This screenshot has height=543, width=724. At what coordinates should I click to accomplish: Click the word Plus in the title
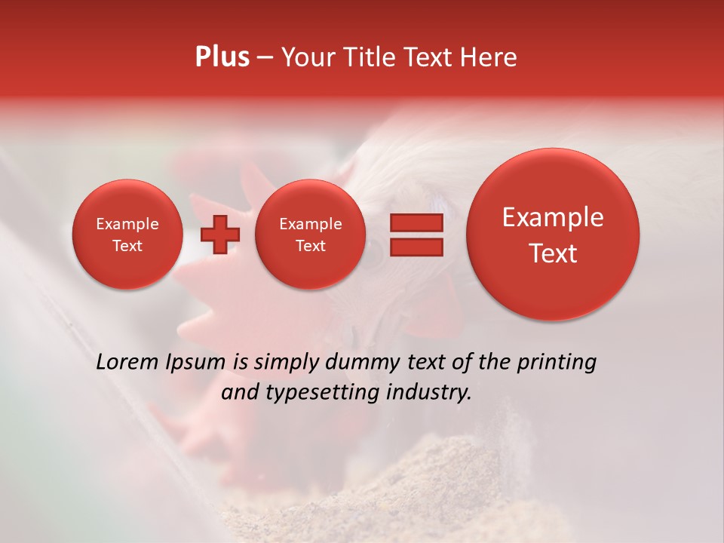(222, 57)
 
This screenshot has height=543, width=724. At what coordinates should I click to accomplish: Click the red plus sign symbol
(219, 235)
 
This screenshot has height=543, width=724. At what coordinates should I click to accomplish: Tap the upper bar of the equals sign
(416, 222)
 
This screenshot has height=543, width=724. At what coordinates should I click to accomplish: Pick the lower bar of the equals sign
(416, 247)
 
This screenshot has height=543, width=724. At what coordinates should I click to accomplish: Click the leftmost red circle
(127, 235)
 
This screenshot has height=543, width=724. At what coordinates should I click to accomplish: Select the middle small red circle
(310, 235)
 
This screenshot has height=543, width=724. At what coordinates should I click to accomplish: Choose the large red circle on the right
(553, 235)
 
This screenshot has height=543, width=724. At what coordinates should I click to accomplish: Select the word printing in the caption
(557, 363)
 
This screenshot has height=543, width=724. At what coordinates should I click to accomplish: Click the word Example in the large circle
(553, 217)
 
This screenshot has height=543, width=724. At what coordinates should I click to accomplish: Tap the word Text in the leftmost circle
(127, 246)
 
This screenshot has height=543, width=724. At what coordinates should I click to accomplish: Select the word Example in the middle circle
(310, 224)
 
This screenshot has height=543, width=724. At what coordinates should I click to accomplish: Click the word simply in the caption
(286, 363)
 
